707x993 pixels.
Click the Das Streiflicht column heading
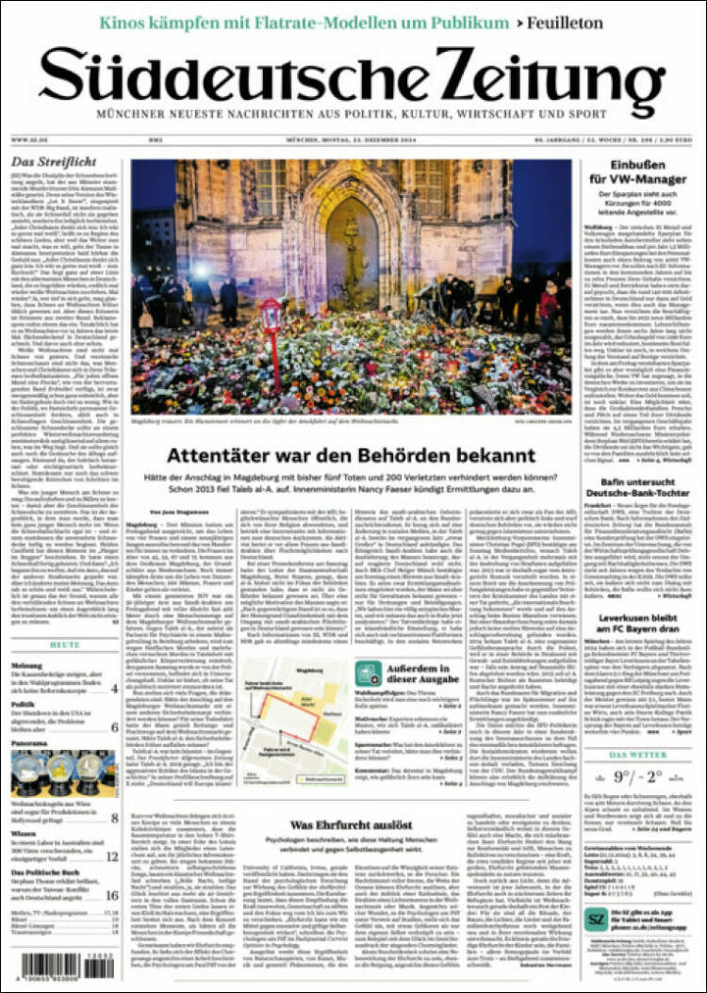47,162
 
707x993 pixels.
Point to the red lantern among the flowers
272,320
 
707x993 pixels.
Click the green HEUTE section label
64,644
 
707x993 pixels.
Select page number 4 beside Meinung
113,689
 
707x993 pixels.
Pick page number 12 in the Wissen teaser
111,856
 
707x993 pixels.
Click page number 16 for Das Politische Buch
111,895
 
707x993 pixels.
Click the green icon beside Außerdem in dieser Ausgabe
369,673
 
